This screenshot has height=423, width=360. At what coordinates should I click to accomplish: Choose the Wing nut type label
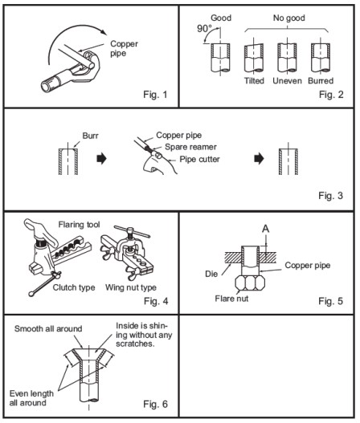coord(131,285)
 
